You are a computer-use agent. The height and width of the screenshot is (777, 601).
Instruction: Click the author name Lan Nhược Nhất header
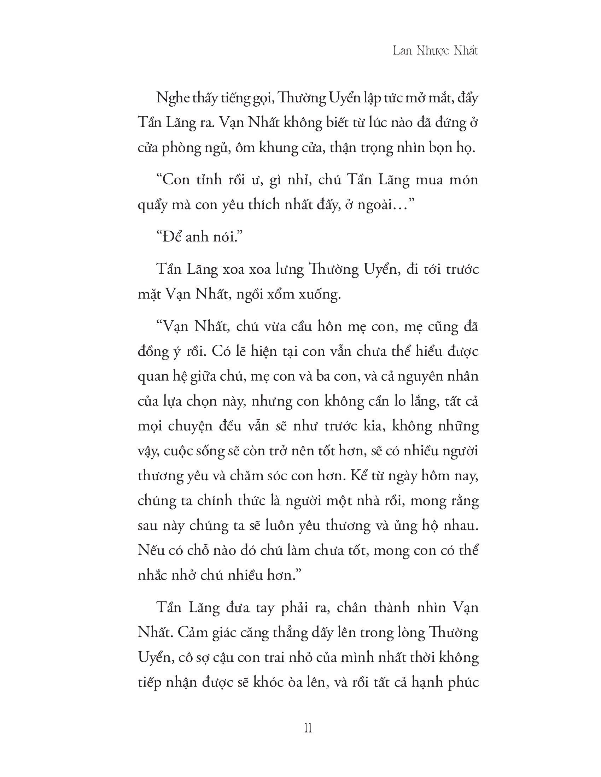435,51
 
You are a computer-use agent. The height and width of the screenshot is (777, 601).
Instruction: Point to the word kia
372,427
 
